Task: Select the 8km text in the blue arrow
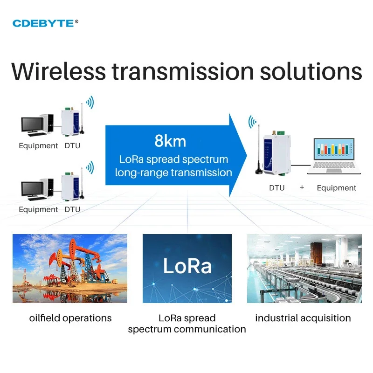point(170,141)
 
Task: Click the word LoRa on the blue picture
point(187,266)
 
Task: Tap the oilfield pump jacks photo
point(70,268)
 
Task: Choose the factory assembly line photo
point(304,268)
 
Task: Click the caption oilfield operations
point(70,318)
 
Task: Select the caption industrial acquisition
point(303,318)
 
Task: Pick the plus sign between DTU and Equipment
point(302,187)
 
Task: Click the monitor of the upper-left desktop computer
point(32,124)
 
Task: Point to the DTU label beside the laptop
point(276,188)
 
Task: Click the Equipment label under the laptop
point(336,188)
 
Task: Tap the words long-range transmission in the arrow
point(173,173)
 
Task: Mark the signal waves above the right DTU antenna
point(252,122)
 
